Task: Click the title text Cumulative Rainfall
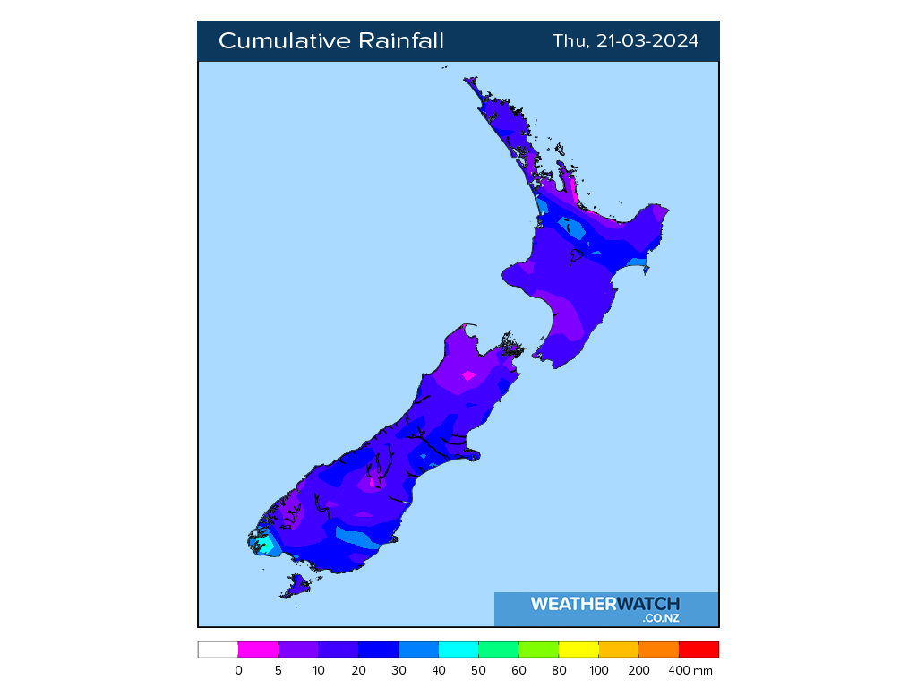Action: coord(330,41)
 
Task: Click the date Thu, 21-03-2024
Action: coord(625,41)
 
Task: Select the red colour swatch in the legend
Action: coord(698,649)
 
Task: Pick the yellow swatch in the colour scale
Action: coord(578,649)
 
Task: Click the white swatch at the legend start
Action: coord(218,649)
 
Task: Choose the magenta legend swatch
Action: coord(258,649)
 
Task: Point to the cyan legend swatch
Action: coord(458,649)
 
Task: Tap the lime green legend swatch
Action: coord(538,649)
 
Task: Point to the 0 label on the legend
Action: coord(238,670)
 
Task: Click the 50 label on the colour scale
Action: coord(479,670)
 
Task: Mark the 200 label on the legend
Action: coord(638,670)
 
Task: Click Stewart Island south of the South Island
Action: coord(295,587)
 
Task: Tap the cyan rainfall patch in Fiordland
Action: coord(265,543)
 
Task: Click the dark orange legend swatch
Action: coord(658,649)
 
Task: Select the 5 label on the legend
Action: coord(279,670)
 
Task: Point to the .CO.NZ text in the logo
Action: coord(660,618)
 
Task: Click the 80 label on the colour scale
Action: coord(559,670)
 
